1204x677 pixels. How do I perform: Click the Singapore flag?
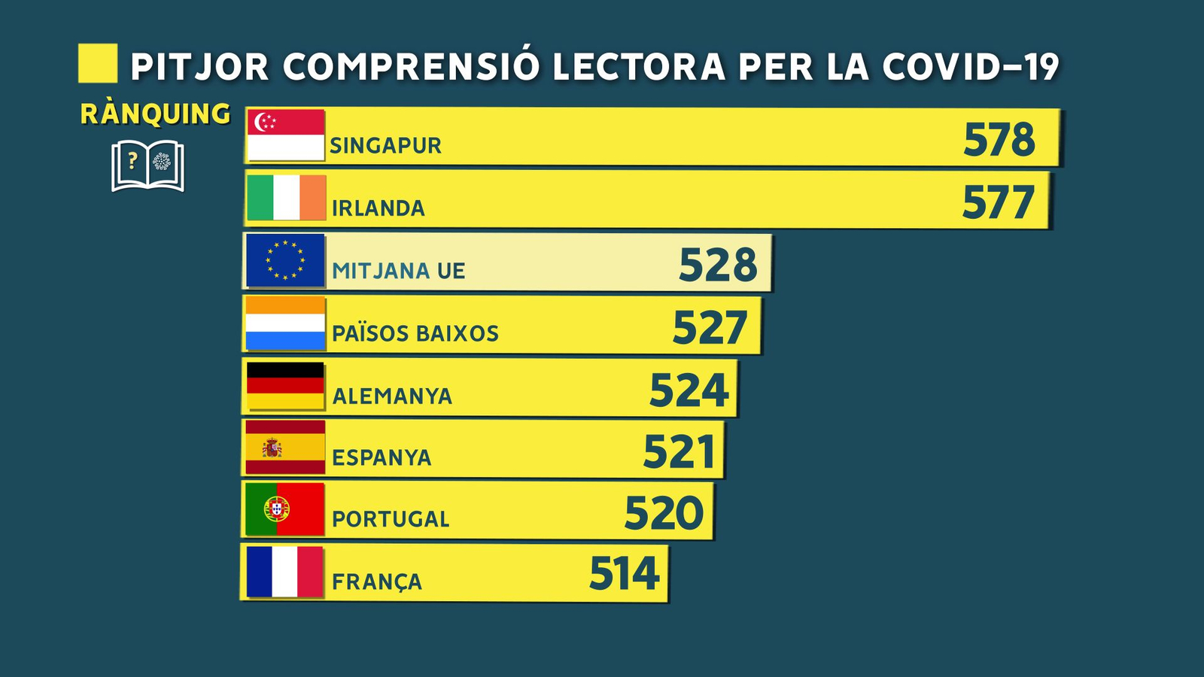pos(286,135)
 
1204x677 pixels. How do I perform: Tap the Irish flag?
pos(286,198)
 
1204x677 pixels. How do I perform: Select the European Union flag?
pos(285,260)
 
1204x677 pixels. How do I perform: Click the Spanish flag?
pos(285,448)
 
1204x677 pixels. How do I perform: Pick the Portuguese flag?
pos(284,509)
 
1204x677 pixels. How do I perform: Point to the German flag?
pos(285,386)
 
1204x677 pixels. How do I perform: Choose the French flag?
pos(284,572)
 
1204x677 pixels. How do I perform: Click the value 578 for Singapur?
pos(999,140)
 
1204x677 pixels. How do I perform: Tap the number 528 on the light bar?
pos(718,265)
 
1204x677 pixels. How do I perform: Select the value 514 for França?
pos(624,574)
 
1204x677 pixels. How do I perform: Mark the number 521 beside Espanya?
pos(679,452)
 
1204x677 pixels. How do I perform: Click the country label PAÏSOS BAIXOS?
pos(415,333)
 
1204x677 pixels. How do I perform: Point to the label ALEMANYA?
pos(392,396)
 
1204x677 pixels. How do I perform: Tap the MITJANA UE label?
pos(399,271)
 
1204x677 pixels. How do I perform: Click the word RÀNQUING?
pos(155,114)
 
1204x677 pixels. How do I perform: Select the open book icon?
pos(147,165)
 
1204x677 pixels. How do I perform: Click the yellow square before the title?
pos(98,63)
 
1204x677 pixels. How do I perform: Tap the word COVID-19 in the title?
pos(971,67)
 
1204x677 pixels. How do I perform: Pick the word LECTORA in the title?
pos(639,67)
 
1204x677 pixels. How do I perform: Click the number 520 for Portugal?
pos(664,514)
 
